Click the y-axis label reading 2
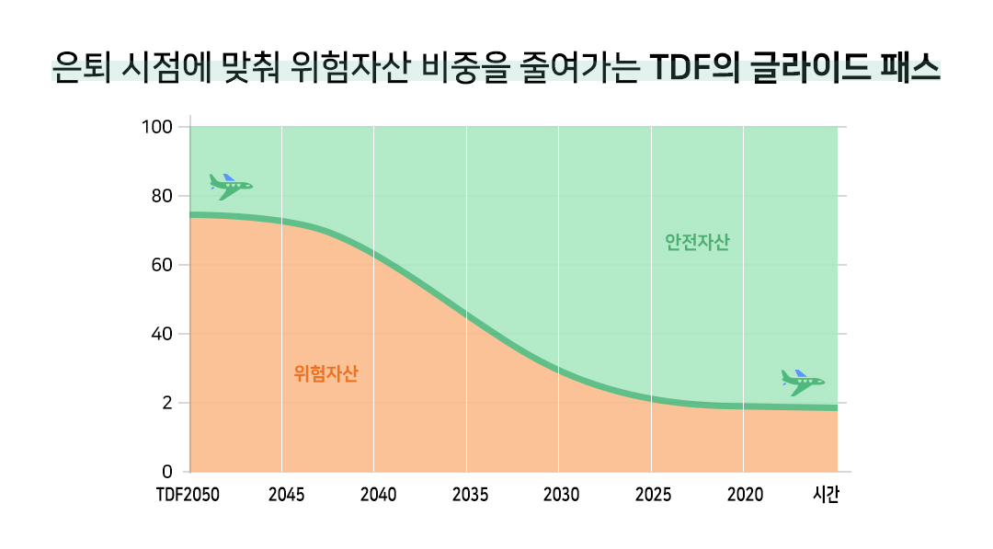[x=167, y=403]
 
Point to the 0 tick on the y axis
[x=167, y=472]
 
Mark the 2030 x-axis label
[x=561, y=496]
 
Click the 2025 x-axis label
[x=653, y=496]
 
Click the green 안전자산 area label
[x=697, y=243]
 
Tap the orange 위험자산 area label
[x=325, y=373]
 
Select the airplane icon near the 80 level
[x=230, y=186]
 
